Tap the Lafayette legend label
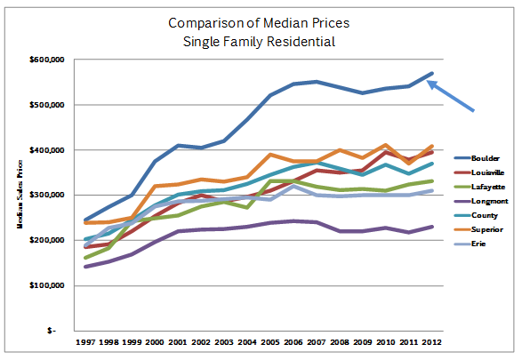(487, 187)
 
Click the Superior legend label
(486, 229)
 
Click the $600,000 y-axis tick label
(47, 60)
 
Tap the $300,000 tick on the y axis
(47, 195)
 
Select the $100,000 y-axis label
(47, 285)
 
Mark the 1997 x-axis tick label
(85, 342)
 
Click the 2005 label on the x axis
(270, 342)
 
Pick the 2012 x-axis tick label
(432, 342)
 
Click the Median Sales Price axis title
(20, 195)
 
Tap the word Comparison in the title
(205, 23)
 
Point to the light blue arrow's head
(430, 83)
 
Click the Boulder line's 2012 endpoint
(432, 73)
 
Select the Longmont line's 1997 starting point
(86, 267)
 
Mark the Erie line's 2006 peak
(293, 186)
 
